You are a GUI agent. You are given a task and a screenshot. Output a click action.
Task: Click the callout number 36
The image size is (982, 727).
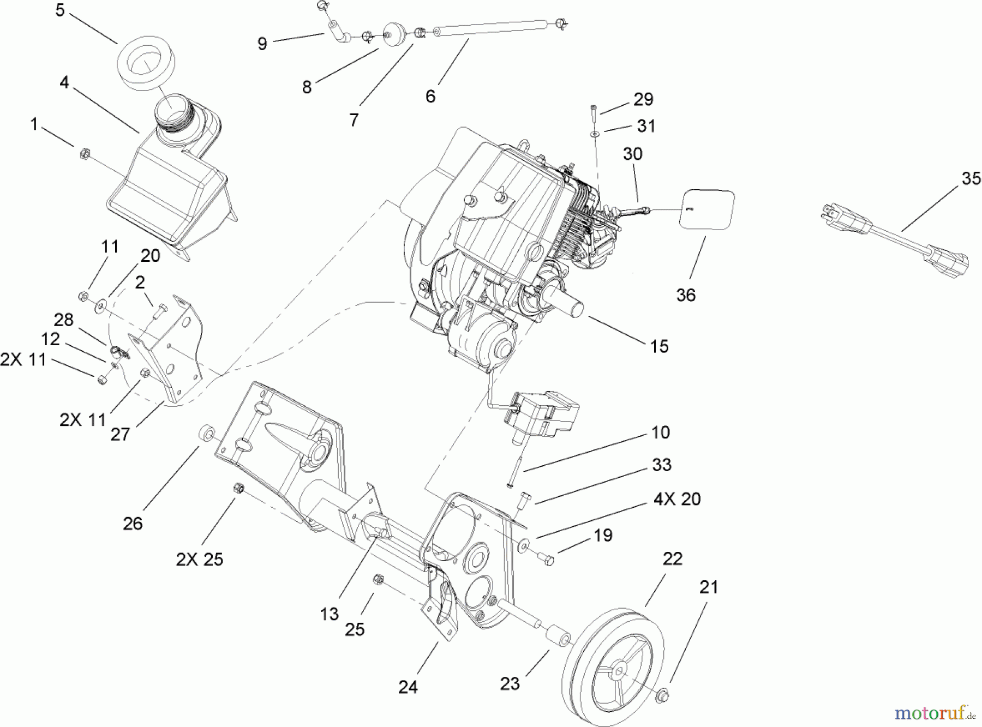coord(686,295)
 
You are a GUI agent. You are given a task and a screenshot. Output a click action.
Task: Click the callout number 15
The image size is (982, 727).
coord(659,346)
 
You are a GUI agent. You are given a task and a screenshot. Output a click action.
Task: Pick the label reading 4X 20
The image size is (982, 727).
coord(676,499)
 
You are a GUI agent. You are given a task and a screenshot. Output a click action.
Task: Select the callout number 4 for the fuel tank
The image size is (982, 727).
coord(65,83)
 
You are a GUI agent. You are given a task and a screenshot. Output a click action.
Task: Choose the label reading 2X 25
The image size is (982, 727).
coord(199,560)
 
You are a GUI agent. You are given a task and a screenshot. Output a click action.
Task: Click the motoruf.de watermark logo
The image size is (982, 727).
coord(934,712)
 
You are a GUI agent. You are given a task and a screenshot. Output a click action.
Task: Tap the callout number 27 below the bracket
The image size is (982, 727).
coord(120,434)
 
